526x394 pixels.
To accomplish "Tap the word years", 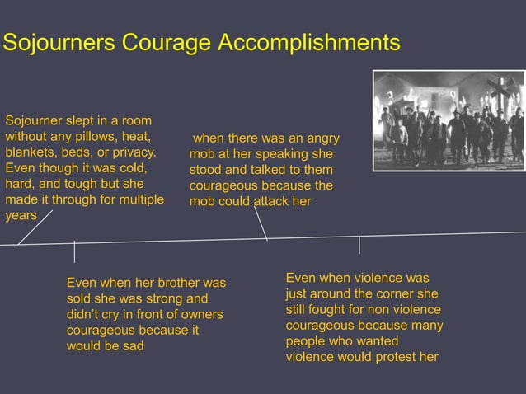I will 21,215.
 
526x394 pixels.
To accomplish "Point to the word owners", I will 201,314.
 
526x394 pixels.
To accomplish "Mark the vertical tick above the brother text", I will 74,251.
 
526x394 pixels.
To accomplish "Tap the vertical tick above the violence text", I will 359,245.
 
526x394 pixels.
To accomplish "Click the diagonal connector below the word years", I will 35,227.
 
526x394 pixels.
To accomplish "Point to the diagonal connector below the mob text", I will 261,223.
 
